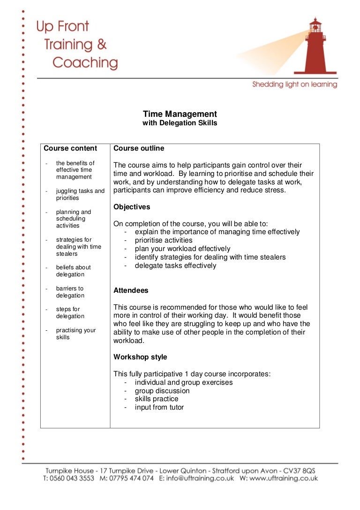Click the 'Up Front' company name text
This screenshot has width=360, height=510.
pyautogui.click(x=63, y=27)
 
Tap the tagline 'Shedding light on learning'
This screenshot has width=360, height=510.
pyautogui.click(x=294, y=84)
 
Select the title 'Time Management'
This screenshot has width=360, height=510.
pyautogui.click(x=180, y=114)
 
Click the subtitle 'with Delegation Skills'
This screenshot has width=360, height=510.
pyautogui.click(x=180, y=123)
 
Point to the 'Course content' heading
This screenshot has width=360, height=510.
pyautogui.click(x=70, y=148)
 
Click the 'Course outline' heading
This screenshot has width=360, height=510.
pyautogui.click(x=139, y=148)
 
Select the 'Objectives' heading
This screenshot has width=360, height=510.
pyautogui.click(x=132, y=207)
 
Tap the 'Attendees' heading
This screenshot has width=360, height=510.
pyautogui.click(x=131, y=290)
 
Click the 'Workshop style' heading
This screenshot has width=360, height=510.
pyautogui.click(x=140, y=357)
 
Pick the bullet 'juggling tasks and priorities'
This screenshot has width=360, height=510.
pyautogui.click(x=80, y=194)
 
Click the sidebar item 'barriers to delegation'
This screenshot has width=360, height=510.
pyautogui.click(x=70, y=292)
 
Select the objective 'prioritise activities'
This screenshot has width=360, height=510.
pyautogui.click(x=164, y=240)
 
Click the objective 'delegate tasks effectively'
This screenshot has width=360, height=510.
pyautogui.click(x=175, y=266)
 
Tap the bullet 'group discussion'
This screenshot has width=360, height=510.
pyautogui.click(x=162, y=391)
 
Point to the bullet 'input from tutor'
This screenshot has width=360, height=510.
pyautogui.click(x=159, y=407)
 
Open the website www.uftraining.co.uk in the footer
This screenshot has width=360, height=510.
pyautogui.click(x=284, y=479)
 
